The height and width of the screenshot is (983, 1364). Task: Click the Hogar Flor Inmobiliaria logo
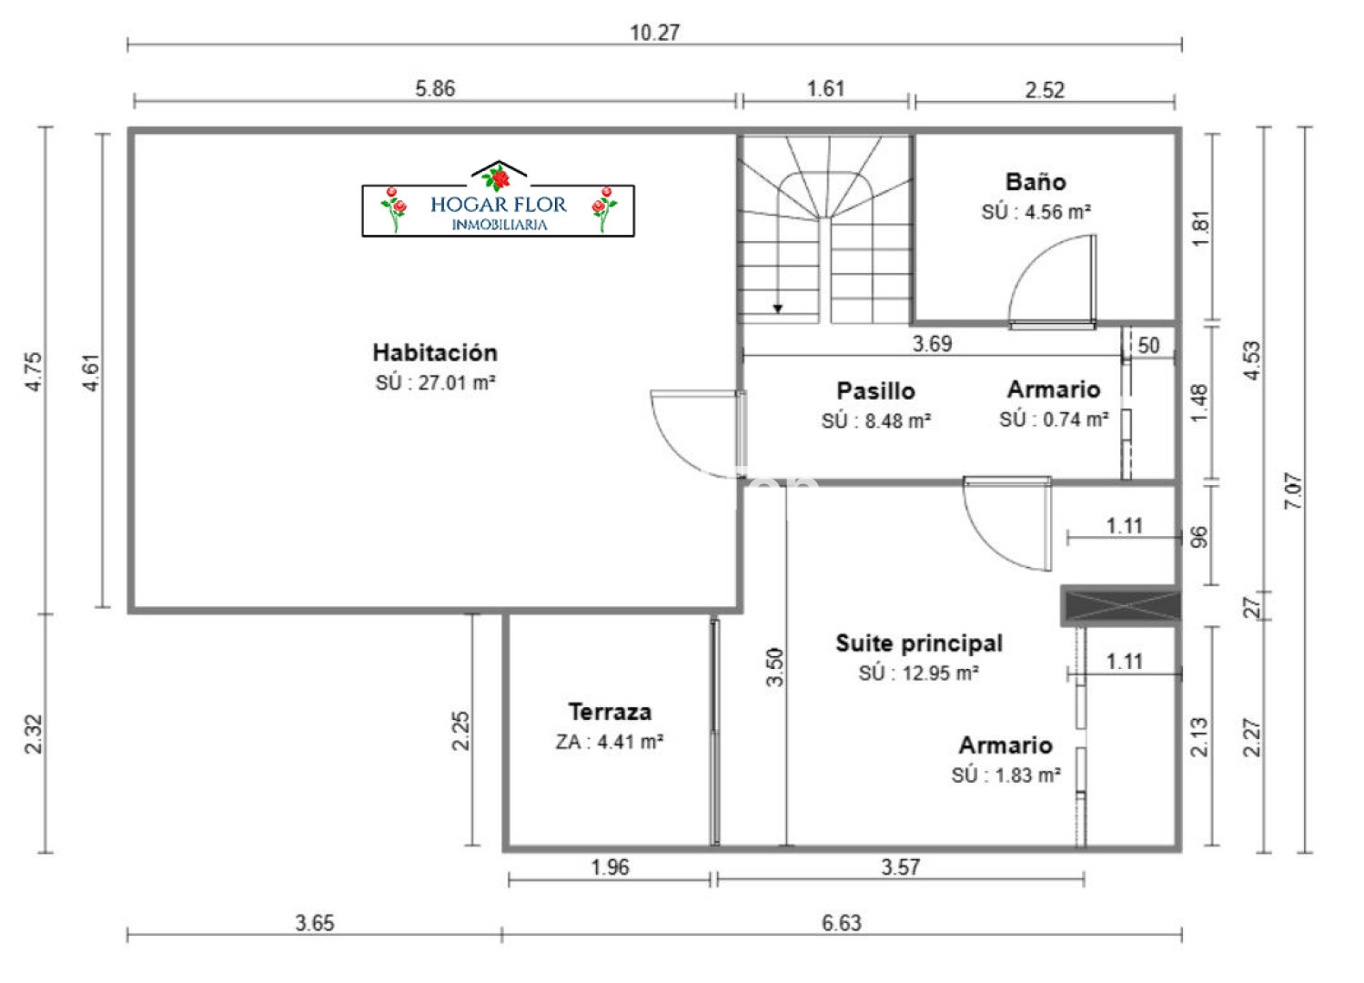[498, 198]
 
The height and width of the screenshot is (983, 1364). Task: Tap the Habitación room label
[435, 352]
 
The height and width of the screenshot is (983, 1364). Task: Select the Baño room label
[1036, 181]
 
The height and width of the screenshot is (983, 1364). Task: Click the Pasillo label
[875, 391]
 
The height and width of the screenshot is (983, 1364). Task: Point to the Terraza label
[610, 712]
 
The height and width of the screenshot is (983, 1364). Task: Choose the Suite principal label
[919, 644]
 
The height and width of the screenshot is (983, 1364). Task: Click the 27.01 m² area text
[456, 382]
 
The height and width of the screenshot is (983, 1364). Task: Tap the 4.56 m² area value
[1057, 212]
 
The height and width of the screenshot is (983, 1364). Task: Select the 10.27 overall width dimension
[654, 33]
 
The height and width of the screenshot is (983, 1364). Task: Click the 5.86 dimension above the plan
[435, 88]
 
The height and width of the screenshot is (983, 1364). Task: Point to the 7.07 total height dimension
[1293, 491]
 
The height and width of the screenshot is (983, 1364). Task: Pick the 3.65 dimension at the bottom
[315, 923]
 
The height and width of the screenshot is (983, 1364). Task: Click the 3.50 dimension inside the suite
[774, 667]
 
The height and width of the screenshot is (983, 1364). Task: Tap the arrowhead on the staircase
[778, 309]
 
